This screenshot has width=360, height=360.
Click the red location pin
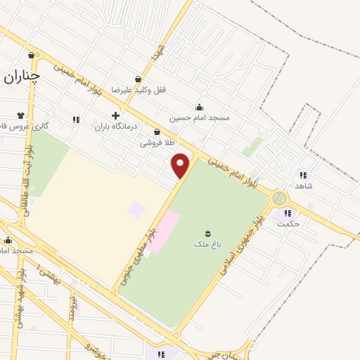[x=181, y=165]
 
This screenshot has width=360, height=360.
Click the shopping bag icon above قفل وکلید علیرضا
[x=139, y=79]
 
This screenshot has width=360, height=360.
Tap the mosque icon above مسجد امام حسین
[x=200, y=107]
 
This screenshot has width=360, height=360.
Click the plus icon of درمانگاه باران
[x=115, y=115]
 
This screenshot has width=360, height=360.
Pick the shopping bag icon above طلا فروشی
[x=156, y=131]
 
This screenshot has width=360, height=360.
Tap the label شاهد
[x=304, y=186]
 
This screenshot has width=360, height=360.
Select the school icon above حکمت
[x=286, y=213]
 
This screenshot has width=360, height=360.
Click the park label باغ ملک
[x=207, y=244]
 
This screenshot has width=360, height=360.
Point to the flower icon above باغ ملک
[x=207, y=233]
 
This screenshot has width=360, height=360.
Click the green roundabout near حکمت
[x=279, y=198]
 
